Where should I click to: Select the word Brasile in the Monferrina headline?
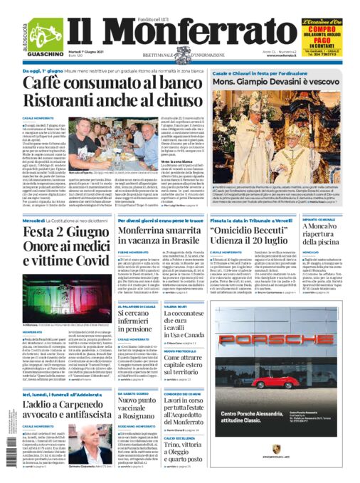pos(178,246)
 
